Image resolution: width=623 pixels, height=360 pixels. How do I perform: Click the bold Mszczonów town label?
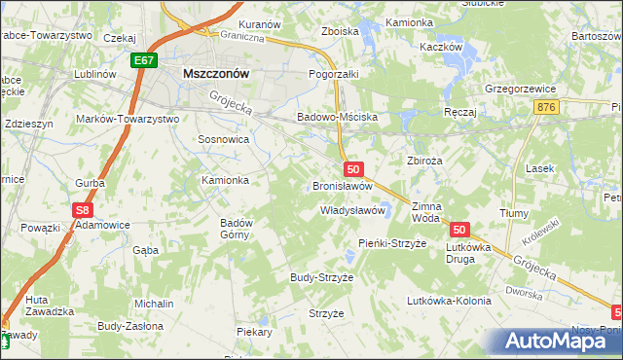[x=216, y=72]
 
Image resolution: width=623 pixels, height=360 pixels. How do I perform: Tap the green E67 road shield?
[x=144, y=60]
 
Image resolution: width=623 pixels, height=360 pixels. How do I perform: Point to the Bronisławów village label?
[x=343, y=185]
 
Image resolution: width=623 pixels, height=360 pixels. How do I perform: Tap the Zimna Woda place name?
[x=427, y=212]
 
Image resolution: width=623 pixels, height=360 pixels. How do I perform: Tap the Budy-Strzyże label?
[x=321, y=277]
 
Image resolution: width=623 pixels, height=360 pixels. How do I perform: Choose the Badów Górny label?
[x=237, y=229]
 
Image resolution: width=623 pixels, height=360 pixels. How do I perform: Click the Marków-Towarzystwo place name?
[x=128, y=119]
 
